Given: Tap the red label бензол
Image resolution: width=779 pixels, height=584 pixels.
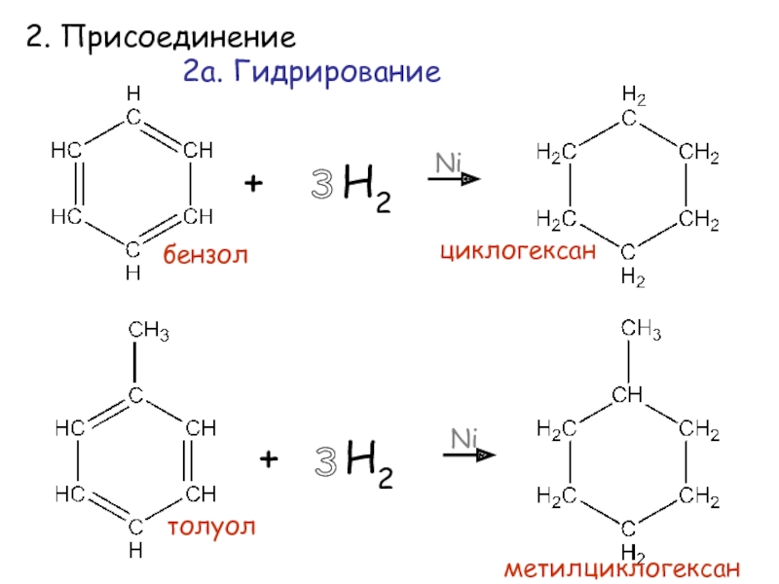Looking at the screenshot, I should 206,255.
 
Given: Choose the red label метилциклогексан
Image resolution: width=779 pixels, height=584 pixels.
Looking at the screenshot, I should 621,567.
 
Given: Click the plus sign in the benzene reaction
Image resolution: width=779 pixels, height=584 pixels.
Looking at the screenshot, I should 254,184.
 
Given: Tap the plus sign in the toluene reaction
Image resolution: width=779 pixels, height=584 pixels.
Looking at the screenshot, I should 270,457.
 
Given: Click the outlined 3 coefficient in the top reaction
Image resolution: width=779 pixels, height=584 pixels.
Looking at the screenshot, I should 321,186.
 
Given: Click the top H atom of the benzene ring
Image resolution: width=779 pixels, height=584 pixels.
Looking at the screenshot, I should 133,94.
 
